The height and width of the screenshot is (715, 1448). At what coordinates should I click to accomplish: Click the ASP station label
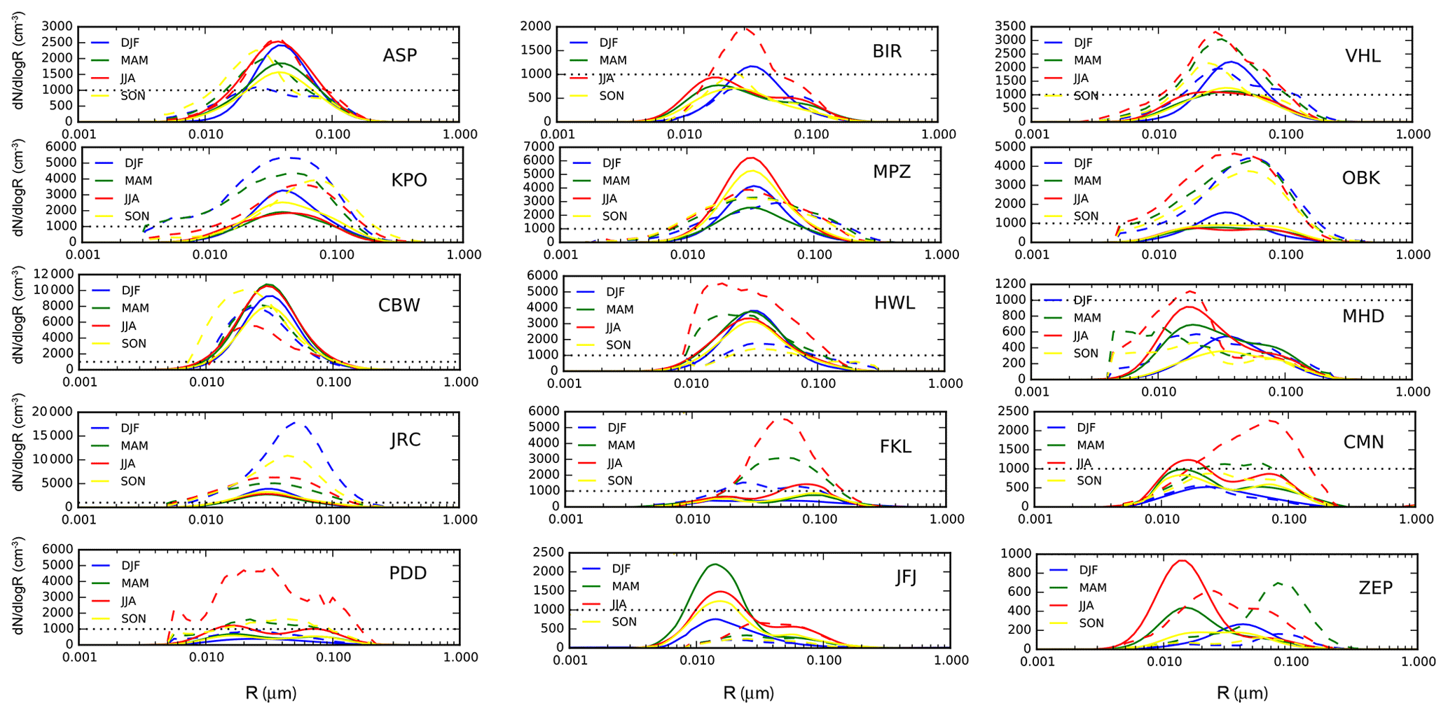click(399, 55)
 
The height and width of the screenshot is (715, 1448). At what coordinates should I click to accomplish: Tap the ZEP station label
click(1375, 588)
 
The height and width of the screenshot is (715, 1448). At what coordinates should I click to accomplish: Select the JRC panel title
click(406, 440)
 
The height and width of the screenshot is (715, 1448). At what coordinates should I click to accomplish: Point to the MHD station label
click(1363, 317)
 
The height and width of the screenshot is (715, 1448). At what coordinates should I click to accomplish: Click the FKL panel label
click(895, 447)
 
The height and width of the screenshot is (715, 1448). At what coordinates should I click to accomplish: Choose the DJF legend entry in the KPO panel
click(134, 163)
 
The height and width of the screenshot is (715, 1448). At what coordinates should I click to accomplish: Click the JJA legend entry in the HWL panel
click(613, 327)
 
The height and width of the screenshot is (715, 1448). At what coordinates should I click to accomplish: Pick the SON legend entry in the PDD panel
click(133, 618)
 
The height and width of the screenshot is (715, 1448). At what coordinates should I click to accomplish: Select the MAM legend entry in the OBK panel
click(1087, 181)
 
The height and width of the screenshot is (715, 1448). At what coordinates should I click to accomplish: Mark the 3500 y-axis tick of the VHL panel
click(1011, 27)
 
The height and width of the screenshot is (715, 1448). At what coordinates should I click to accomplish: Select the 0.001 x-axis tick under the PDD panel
click(79, 657)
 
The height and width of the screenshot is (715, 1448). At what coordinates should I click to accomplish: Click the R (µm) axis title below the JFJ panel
click(748, 693)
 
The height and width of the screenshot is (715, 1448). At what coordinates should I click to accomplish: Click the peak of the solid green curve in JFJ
click(715, 564)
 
